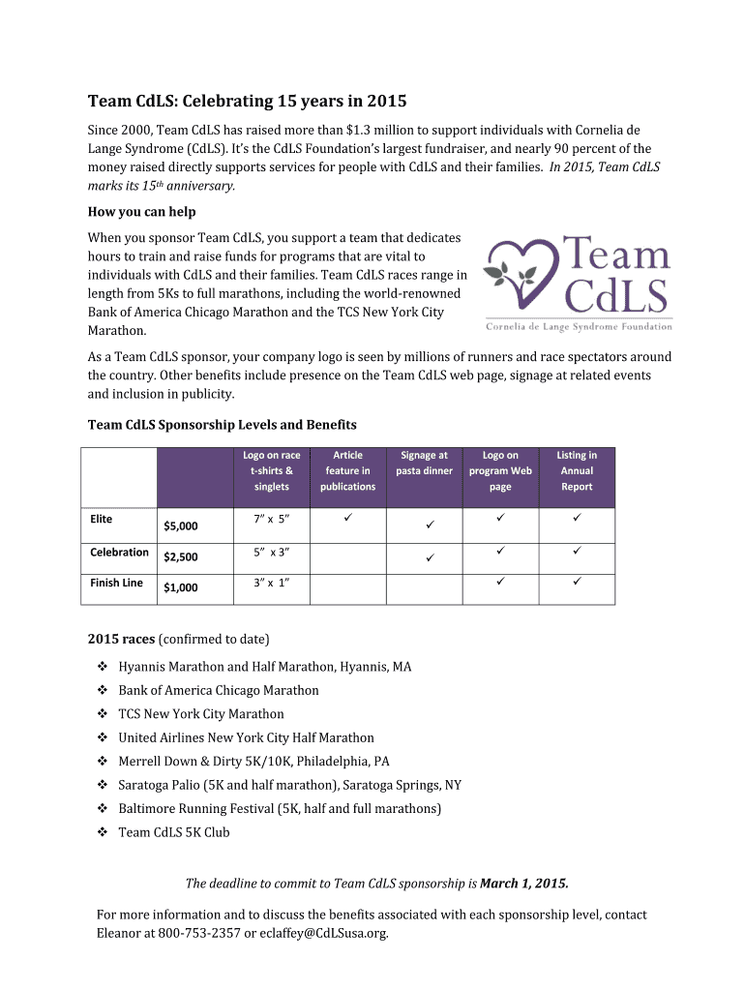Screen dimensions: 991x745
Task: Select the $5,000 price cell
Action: [x=181, y=526]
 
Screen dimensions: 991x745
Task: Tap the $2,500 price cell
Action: [x=181, y=557]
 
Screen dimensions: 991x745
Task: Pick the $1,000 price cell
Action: [x=181, y=588]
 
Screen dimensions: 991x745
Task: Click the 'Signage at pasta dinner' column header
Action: [x=424, y=463]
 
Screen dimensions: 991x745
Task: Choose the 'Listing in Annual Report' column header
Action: [x=577, y=470]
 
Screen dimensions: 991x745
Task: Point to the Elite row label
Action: [x=102, y=520]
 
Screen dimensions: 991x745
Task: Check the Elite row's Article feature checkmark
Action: [x=348, y=521]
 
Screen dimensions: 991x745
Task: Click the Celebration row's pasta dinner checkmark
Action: [x=427, y=558]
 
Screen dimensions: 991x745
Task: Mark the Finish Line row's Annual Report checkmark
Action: [x=576, y=584]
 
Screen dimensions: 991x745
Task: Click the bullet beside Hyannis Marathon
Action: [x=103, y=667]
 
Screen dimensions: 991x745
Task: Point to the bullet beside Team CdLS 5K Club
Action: [x=103, y=832]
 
